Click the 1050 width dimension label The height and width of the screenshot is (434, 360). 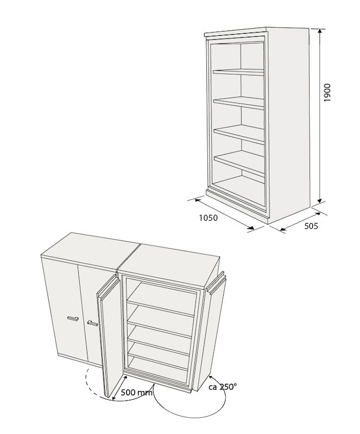coord(209,218)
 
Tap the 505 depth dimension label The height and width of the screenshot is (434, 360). coord(311,226)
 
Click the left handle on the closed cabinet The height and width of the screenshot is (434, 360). coord(73,318)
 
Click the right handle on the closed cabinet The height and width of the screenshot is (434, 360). coord(92,323)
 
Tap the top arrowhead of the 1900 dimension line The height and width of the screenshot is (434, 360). coord(320,31)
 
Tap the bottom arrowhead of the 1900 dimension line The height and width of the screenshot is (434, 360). coord(320,200)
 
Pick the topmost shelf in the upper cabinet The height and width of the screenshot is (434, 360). coord(238,72)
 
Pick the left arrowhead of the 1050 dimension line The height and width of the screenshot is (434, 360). coord(198,199)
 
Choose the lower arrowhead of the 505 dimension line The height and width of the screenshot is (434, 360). coord(283,228)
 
